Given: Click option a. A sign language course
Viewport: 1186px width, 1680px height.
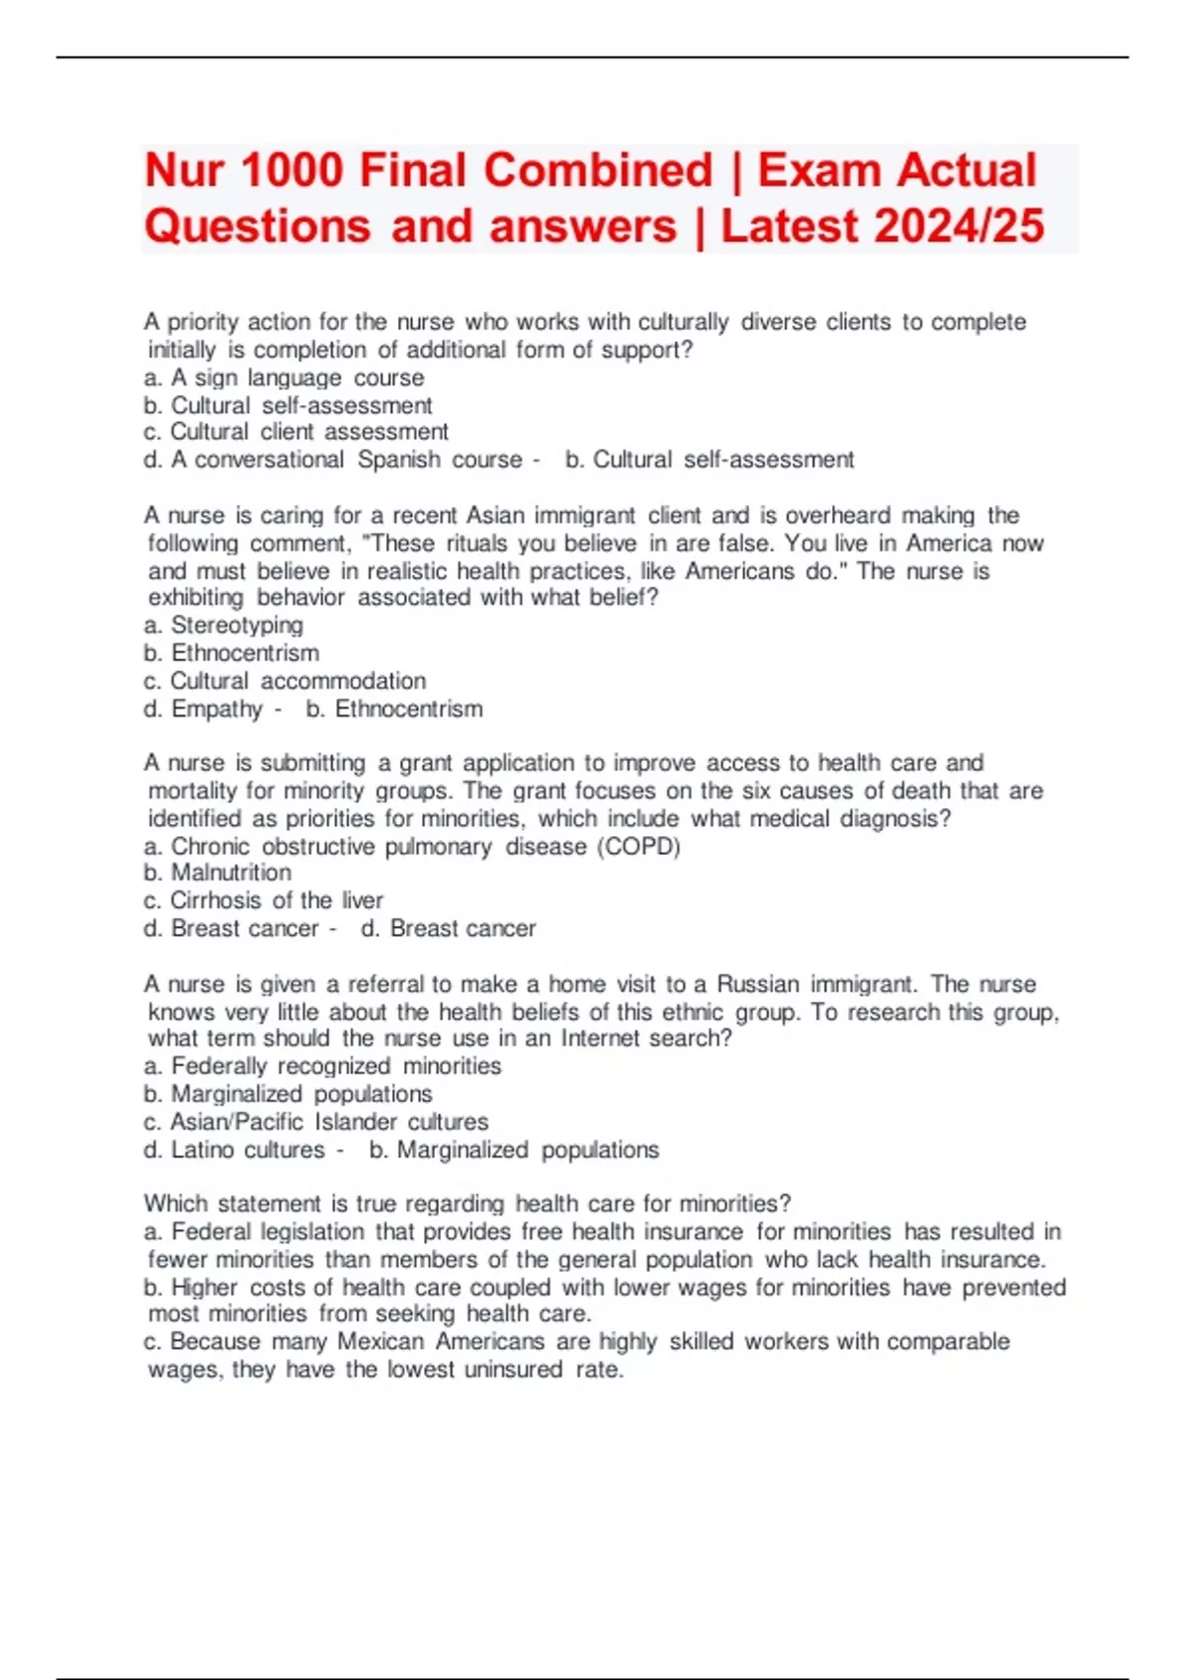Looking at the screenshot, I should click(284, 378).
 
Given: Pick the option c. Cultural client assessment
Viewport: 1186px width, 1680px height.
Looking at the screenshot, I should click(296, 432).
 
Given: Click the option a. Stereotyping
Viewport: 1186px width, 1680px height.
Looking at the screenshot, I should click(223, 625).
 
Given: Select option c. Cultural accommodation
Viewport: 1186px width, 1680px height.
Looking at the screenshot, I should click(285, 681).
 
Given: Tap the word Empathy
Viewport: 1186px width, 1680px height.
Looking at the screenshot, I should click(216, 709).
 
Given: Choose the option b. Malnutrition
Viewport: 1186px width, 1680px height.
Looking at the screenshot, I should click(217, 873).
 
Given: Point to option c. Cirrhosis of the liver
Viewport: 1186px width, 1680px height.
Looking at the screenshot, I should click(263, 900).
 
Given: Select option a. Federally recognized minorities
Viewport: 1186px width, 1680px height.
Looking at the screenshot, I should click(322, 1066).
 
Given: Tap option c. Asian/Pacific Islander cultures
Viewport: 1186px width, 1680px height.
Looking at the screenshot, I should click(316, 1122).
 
